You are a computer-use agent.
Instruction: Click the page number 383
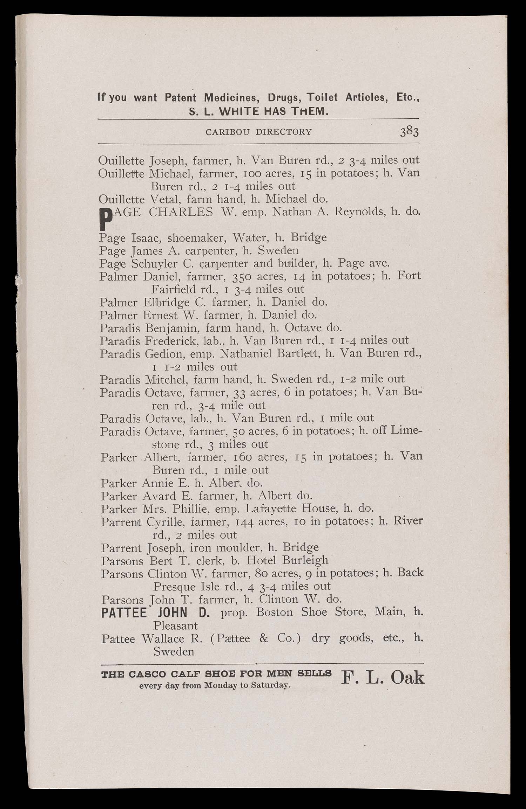point(409,132)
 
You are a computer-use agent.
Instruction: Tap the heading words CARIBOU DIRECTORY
point(258,132)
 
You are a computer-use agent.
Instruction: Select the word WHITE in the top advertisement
point(239,112)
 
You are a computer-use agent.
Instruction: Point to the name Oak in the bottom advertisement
point(407,677)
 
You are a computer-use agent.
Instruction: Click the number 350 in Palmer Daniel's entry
point(242,277)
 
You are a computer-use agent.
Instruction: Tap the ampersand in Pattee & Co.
point(263,638)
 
